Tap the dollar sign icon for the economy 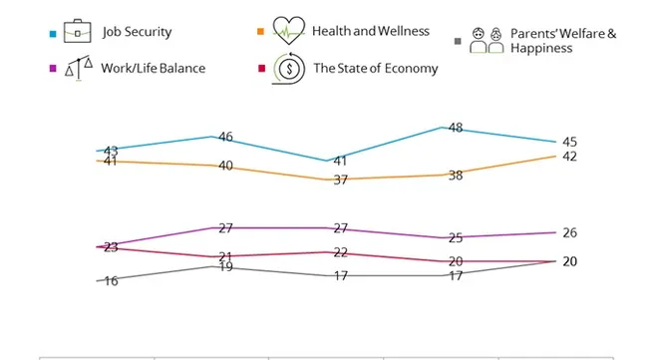[288, 70]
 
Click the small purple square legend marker [50, 68]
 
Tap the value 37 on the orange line [340, 180]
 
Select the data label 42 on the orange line [569, 157]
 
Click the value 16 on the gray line [111, 281]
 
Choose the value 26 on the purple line [569, 232]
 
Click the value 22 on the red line [340, 252]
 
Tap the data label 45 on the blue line [569, 141]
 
